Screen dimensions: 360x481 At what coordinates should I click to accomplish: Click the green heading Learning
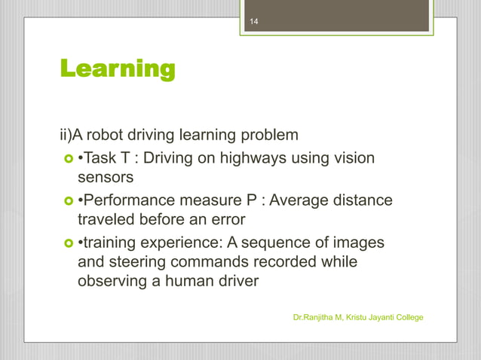(x=117, y=70)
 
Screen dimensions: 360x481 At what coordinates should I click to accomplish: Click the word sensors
(x=106, y=178)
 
